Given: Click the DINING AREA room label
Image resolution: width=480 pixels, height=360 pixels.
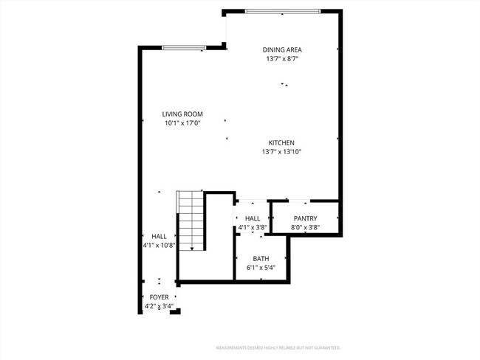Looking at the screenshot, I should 281,49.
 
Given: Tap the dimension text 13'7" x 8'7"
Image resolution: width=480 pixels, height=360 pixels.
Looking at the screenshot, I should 281,59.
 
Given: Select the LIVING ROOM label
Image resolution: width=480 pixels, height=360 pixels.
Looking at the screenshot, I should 182,114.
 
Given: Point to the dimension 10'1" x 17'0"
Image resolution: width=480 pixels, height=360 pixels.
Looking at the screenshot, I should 182,123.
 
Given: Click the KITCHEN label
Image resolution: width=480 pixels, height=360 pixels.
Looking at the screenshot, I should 281,142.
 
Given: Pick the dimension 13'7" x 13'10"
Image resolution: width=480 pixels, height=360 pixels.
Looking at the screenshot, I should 281,152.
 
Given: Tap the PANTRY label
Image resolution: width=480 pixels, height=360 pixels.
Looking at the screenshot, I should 305,218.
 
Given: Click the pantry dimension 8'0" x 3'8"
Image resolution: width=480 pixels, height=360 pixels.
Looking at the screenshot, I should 305,228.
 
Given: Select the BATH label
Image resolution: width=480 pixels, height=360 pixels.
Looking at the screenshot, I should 261,259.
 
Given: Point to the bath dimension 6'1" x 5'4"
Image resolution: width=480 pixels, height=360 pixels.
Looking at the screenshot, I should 261,268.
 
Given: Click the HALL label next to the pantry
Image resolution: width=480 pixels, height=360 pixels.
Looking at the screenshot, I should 253,218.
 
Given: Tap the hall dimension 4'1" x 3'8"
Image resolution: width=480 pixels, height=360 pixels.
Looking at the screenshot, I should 252,228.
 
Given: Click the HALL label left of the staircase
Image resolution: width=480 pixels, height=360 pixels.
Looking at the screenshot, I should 159,236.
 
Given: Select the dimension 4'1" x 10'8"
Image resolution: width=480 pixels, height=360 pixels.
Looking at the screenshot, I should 158,245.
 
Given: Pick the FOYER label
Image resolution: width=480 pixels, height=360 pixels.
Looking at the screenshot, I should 159,297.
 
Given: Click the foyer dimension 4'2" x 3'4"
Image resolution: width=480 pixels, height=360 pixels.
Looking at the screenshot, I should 159,306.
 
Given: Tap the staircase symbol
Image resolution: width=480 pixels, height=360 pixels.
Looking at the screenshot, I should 190,221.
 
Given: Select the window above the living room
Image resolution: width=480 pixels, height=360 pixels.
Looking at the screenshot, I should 184,48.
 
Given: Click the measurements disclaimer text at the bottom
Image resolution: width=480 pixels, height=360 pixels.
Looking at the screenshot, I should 282,347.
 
